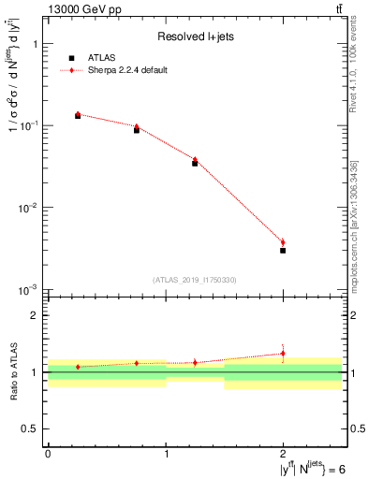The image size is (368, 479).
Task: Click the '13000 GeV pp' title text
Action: click(82, 9)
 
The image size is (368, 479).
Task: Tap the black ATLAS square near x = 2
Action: click(283, 251)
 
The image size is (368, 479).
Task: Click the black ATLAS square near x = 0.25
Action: click(78, 116)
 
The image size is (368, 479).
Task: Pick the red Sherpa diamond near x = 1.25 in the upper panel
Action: click(195, 160)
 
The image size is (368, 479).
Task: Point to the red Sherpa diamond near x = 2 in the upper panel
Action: click(283, 242)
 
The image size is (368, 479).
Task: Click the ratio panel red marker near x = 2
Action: click(283, 353)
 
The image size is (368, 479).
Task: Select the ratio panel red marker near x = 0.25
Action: click(78, 367)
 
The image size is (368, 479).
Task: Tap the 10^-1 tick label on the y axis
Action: click(28, 125)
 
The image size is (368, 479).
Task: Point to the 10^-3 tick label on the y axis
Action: click(28, 290)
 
